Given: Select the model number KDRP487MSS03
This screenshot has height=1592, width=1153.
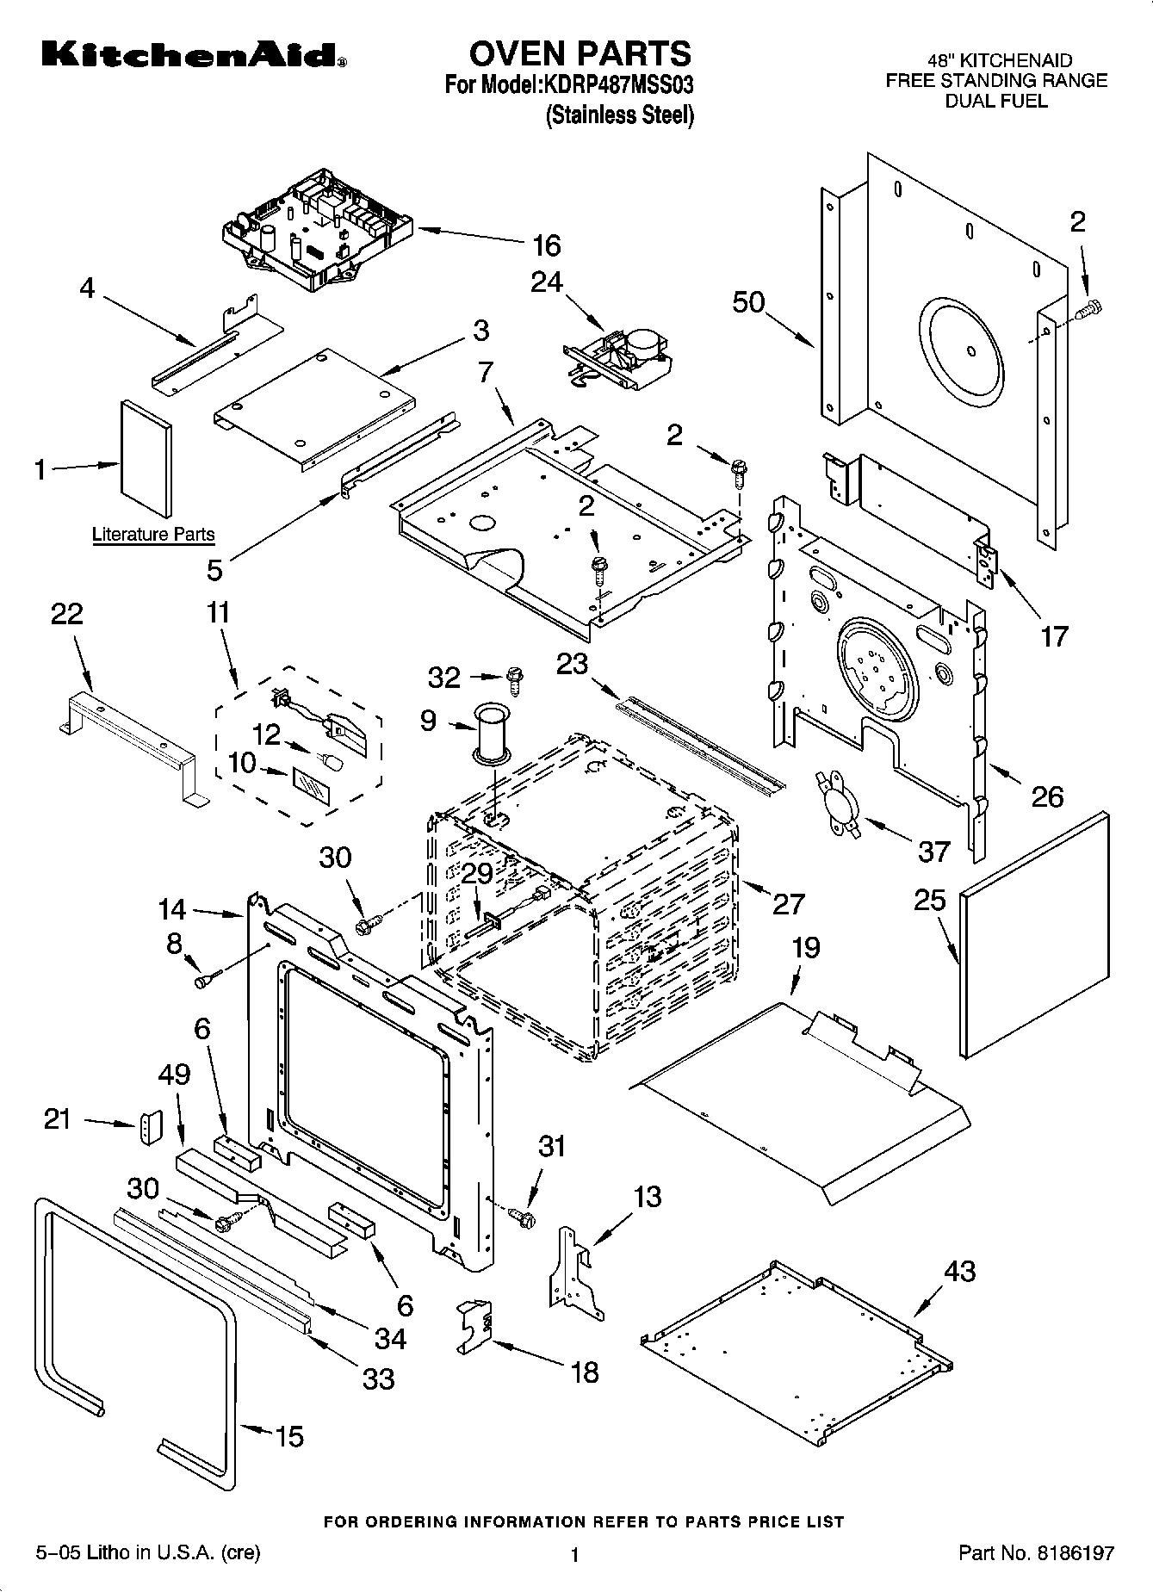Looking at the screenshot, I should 617,86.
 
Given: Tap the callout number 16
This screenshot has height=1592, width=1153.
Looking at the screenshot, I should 546,246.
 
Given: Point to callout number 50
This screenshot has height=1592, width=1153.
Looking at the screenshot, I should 748,302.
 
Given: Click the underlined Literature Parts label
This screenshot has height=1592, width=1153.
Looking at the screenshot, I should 153,535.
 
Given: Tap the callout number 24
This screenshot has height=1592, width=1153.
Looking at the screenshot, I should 546,282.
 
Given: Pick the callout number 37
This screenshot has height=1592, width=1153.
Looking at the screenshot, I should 933,852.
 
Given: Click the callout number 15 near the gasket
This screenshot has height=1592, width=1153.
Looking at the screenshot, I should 289,1436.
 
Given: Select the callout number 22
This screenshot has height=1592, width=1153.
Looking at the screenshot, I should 67,614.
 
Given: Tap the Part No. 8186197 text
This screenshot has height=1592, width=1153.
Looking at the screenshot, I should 1036,1553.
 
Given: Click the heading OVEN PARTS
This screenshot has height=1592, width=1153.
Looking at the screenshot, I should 580,53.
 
